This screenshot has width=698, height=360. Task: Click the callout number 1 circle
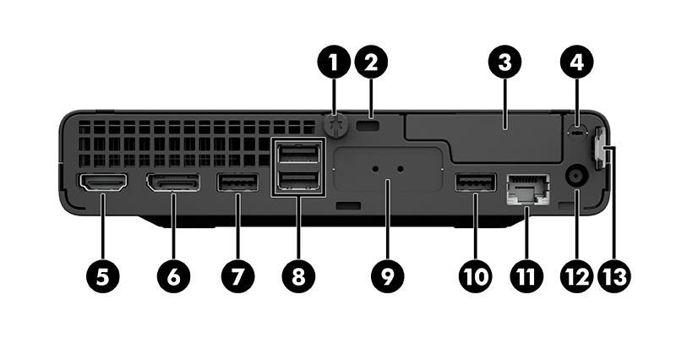335,62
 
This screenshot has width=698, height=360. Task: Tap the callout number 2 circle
371,62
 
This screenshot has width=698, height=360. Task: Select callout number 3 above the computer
504,62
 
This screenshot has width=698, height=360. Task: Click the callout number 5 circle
102,275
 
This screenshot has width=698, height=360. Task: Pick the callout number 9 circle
387,275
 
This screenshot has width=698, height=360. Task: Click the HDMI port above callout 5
102,182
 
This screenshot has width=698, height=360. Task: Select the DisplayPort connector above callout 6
173,182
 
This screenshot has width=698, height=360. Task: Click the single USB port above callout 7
237,182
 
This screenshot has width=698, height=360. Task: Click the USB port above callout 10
475,182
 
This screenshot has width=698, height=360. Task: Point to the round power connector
577,177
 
